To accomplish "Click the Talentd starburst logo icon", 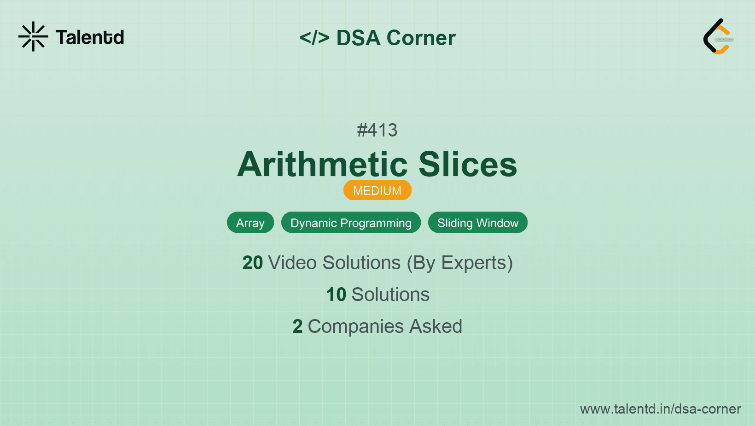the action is pos(33,36).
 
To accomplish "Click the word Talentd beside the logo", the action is pos(90,37).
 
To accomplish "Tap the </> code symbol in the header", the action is pos(314,37).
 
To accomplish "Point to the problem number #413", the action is pos(377,130).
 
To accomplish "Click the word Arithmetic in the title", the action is pos(323,165).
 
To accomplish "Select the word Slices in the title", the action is pos(468,165).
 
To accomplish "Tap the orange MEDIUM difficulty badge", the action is pos(377,190).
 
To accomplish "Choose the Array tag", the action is pos(250,223).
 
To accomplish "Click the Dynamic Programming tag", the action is pos(351,223).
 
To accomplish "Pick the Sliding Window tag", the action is pos(477,223).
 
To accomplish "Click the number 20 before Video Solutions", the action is pos(252,263).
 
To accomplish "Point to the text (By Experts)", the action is pos(460,263).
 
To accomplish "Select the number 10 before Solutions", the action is pos(336,294).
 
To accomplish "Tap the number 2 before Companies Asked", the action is pos(297,326).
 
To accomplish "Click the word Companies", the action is pos(355,327).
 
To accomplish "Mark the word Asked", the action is pos(436,326).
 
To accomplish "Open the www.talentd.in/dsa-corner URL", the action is pos(660,409).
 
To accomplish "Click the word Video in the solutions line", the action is pos(292,263).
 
